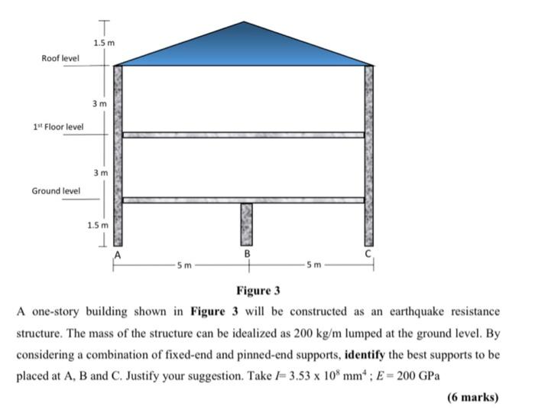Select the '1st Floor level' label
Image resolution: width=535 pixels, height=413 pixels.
point(58,127)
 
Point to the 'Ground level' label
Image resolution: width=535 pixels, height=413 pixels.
point(56,190)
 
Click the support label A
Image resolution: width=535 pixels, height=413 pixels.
point(118,252)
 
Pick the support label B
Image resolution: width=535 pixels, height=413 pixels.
point(247,252)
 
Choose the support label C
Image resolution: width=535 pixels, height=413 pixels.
point(368,252)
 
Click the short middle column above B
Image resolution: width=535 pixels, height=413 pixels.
point(246,223)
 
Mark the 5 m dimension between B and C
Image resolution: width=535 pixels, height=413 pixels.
point(311,265)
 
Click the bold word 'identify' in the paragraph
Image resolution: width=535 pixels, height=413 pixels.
point(368,356)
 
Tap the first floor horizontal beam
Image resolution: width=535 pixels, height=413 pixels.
point(243,135)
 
